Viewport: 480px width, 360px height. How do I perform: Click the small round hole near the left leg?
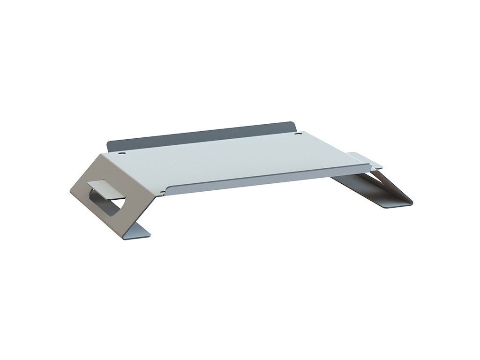121,153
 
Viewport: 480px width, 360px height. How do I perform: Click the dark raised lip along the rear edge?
202,135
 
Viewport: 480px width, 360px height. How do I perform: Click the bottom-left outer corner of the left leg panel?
70,191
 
